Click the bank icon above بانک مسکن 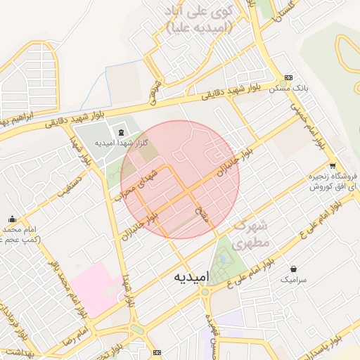(288, 78)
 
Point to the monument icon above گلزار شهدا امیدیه (121, 132)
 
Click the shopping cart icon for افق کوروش (332, 166)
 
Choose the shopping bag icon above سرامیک (293, 269)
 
